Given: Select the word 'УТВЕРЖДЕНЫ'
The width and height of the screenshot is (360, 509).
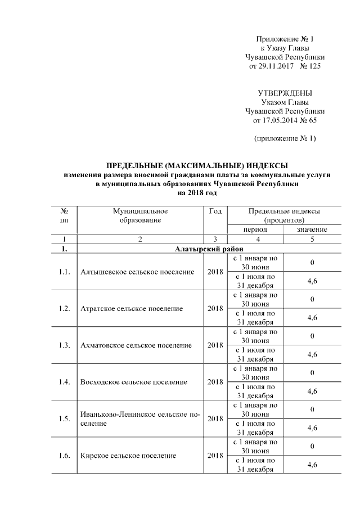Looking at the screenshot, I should point(285,93).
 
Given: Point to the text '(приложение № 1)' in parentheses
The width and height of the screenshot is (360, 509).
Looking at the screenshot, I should point(285,138).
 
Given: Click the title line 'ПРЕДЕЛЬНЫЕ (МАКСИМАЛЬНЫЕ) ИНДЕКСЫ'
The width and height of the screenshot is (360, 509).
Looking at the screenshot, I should point(197,166).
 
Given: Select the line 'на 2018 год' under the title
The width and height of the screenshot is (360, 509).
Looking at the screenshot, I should point(197,193).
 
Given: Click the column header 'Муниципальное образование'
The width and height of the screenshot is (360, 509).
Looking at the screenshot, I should point(139,215).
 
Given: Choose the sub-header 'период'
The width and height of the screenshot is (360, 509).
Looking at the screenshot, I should point(255,229).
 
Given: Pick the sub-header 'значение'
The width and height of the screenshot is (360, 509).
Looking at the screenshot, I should point(312,229).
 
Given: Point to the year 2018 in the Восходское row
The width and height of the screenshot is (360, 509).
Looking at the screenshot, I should point(215,382).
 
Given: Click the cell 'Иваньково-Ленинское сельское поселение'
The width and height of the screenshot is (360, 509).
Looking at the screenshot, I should point(140,418).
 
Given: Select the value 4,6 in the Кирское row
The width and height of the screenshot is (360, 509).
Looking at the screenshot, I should point(312,464).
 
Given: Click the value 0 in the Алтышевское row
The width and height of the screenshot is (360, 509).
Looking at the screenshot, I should point(312,263).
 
